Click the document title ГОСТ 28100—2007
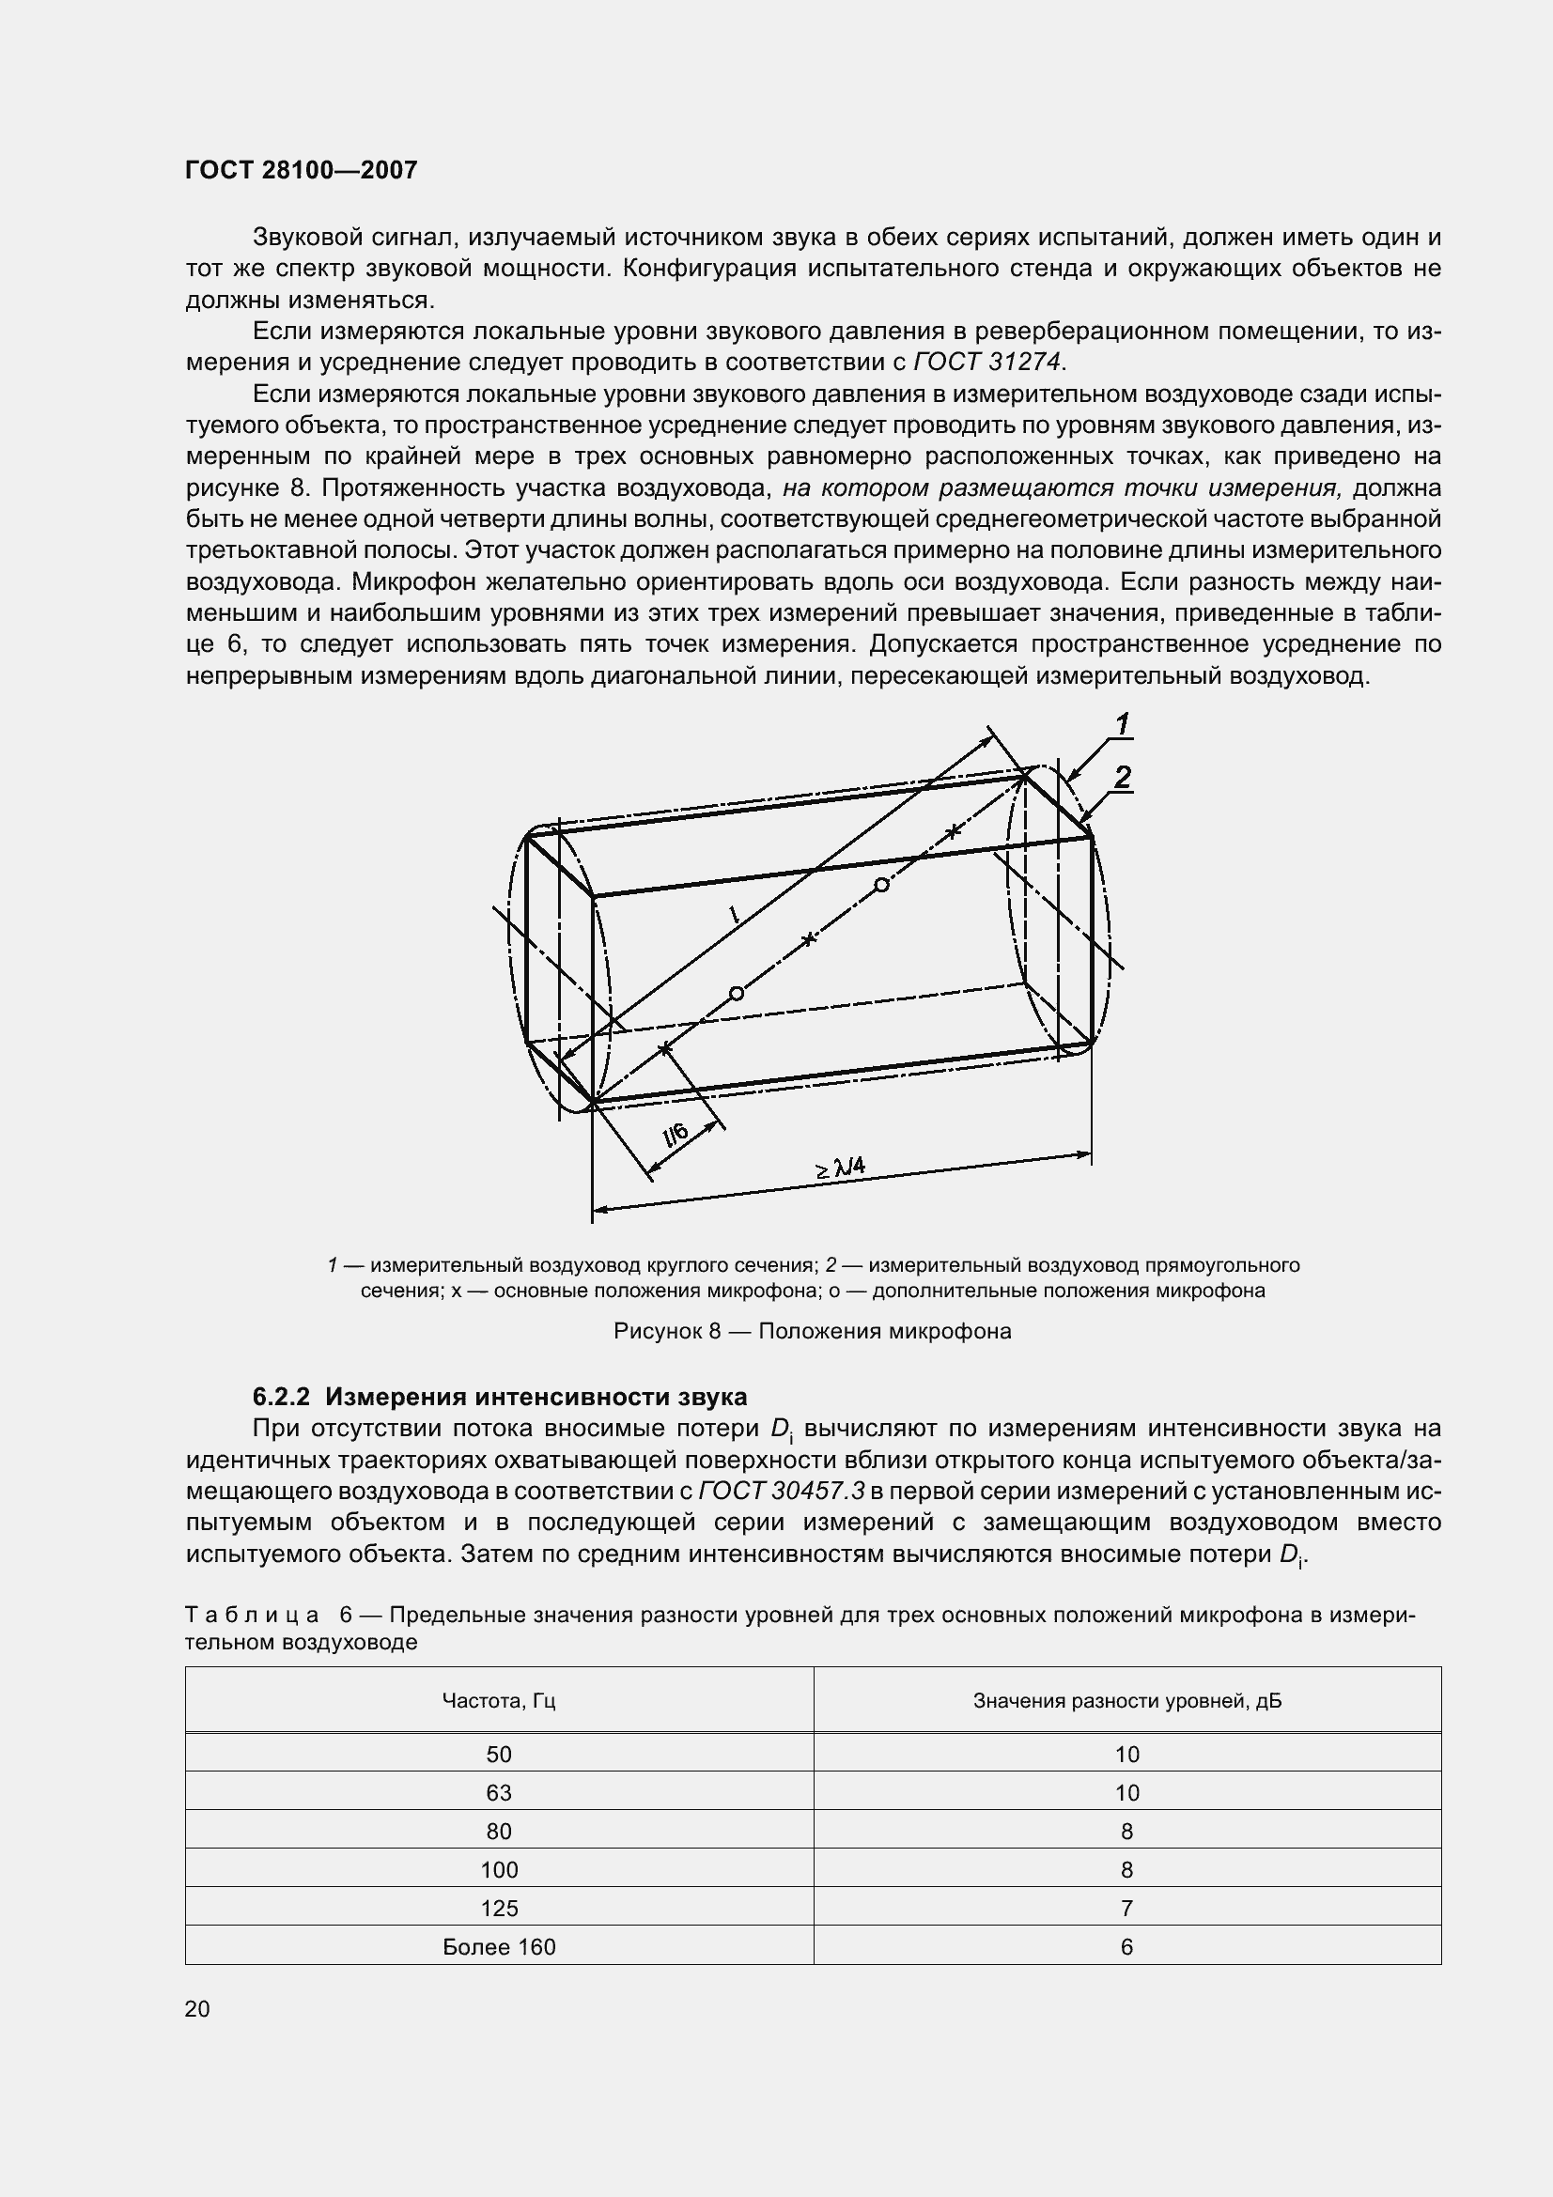(302, 170)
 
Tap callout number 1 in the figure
(1123, 724)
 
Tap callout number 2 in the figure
(1123, 777)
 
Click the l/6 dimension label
(676, 1135)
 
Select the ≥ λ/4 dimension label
(840, 1168)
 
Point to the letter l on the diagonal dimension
(734, 915)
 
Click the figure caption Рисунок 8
(812, 1331)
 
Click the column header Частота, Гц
(499, 1700)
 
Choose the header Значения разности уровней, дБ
(1126, 1700)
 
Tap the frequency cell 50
(499, 1754)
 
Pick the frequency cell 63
(499, 1792)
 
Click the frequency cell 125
(499, 1908)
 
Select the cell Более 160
(499, 1947)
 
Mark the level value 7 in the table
(1126, 1908)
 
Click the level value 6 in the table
(1126, 1947)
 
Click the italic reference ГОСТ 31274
(987, 362)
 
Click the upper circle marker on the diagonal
(881, 885)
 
